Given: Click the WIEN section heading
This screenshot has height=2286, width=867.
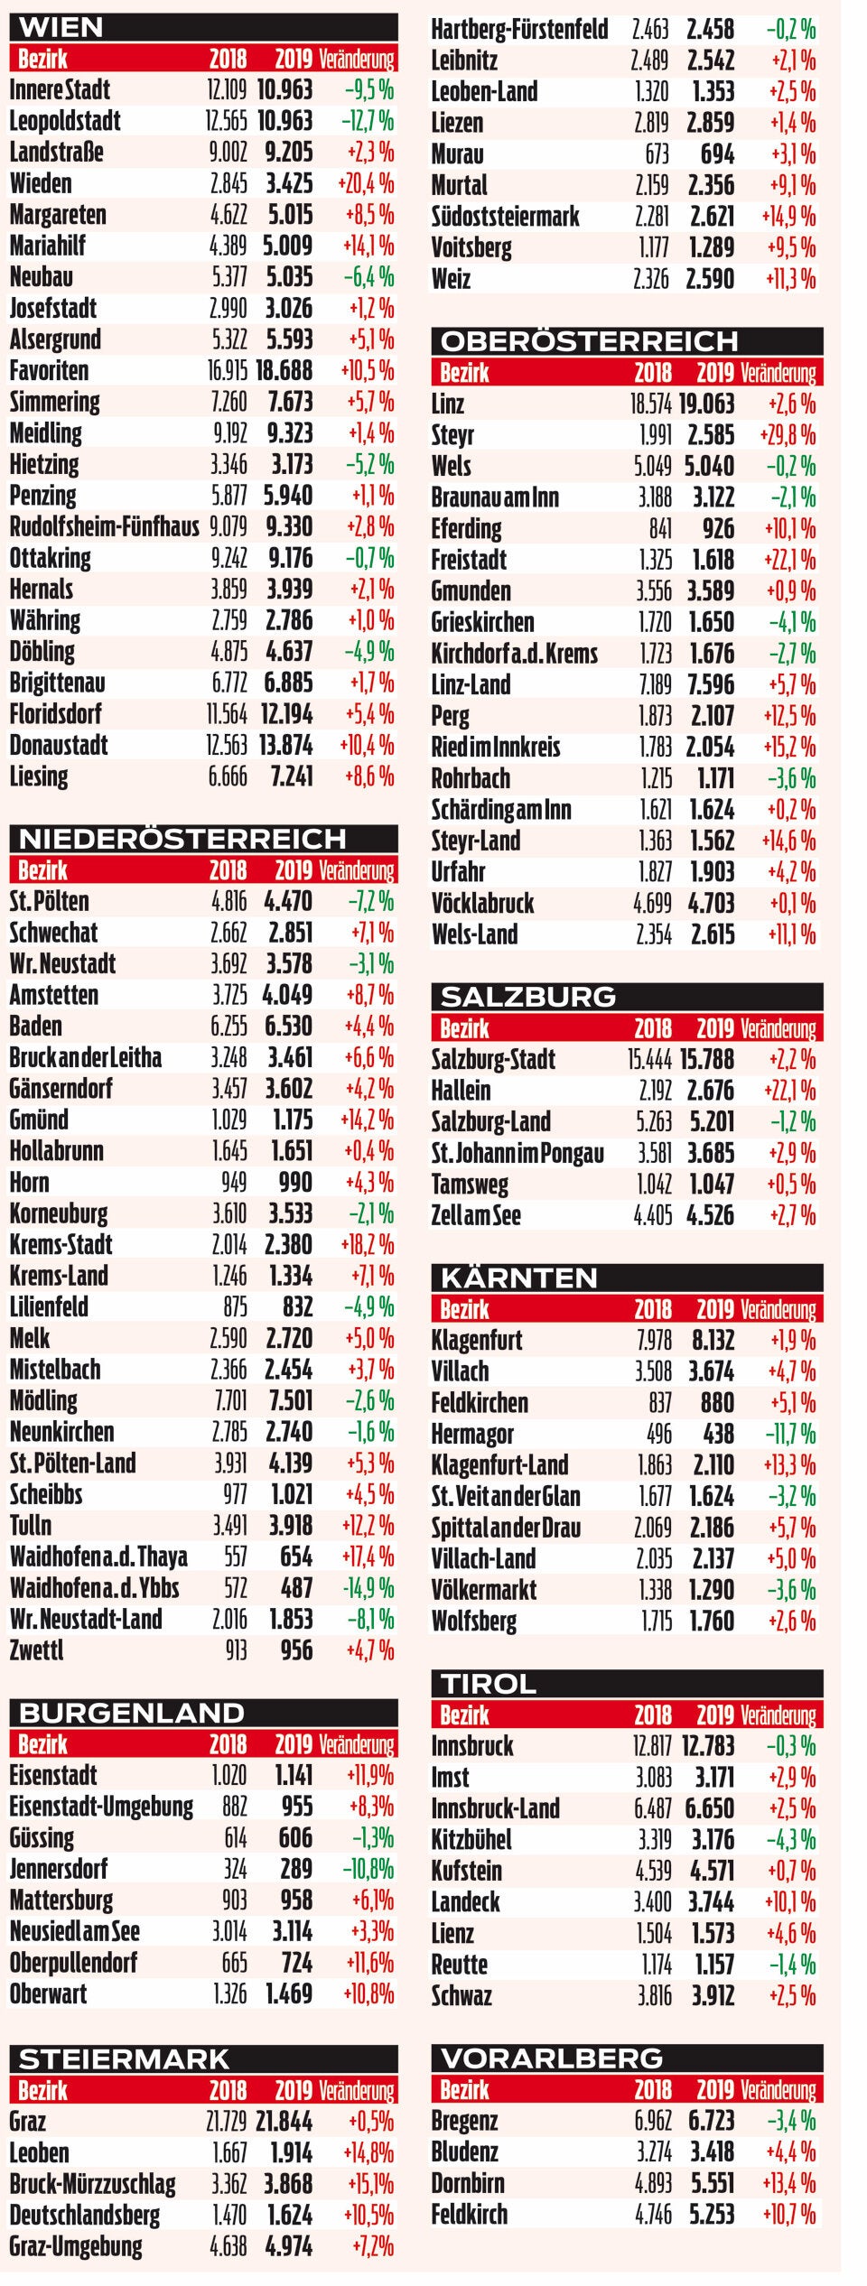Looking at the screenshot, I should [61, 27].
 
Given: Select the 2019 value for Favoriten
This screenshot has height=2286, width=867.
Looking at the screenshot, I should [284, 370].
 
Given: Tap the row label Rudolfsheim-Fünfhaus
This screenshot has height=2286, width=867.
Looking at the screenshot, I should [104, 526].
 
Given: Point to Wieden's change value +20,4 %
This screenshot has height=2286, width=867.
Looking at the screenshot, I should [366, 183].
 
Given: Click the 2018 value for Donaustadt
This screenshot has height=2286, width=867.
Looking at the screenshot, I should [227, 745].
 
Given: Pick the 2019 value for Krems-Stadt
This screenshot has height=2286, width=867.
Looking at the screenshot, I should [289, 1245].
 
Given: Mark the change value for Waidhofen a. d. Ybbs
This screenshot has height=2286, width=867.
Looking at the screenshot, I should [368, 1588].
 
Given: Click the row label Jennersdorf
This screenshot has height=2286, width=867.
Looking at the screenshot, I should [58, 1869].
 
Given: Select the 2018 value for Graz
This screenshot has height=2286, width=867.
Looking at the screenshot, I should [227, 2122].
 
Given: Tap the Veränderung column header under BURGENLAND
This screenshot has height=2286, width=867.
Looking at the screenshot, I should [357, 1744].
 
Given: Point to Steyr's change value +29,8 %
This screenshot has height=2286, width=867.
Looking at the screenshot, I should [788, 435].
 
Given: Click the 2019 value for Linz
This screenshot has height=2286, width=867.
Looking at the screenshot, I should [706, 404].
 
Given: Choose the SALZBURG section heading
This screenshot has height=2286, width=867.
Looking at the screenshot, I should [527, 997].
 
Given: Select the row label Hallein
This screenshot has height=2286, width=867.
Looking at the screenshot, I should [461, 1091].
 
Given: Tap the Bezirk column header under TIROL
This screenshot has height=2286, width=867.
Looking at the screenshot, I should [464, 1715].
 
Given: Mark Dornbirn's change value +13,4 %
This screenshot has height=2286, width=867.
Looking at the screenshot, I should [788, 2183].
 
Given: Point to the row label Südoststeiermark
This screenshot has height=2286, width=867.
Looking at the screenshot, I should [505, 217].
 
